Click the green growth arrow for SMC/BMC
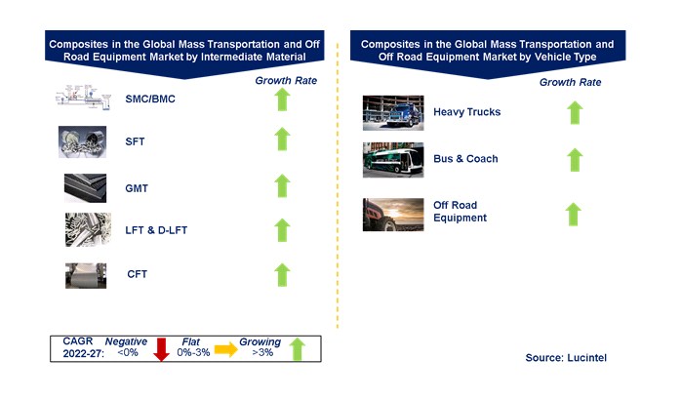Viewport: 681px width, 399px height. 282,100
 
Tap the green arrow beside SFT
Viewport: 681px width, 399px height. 282,139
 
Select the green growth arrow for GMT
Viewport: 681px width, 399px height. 282,185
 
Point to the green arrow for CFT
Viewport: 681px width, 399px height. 282,275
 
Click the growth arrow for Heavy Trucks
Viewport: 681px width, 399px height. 575,113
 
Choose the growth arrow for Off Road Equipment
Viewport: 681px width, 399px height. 574,215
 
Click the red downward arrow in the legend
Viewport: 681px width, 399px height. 162,349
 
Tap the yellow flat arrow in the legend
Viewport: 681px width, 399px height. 225,349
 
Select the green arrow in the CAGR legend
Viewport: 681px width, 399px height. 298,349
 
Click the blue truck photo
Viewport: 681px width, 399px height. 393,113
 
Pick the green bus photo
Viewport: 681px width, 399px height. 393,160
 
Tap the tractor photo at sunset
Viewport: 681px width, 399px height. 393,215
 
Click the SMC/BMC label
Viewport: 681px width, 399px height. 150,99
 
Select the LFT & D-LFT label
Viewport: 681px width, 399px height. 156,230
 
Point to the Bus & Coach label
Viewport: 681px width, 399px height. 465,159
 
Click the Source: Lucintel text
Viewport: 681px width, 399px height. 566,358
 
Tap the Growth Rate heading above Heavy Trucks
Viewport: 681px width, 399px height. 570,82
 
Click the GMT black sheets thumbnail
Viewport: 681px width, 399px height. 85,188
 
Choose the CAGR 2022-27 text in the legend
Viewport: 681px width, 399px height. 83,347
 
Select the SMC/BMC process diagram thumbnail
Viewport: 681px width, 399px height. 83,96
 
